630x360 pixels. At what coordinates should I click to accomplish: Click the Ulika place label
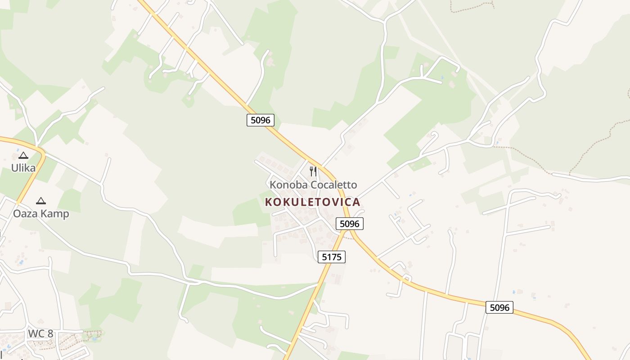(x=23, y=168)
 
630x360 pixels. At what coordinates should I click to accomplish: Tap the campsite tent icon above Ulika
(x=23, y=156)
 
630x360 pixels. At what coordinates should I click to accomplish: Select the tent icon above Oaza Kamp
(x=41, y=201)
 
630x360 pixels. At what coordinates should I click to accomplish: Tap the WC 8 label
(x=40, y=333)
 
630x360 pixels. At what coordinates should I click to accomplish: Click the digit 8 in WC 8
(x=50, y=333)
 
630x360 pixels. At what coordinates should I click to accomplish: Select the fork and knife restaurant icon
(x=313, y=171)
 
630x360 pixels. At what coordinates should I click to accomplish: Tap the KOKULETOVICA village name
(x=313, y=202)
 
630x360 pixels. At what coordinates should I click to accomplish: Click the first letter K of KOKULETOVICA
(x=269, y=202)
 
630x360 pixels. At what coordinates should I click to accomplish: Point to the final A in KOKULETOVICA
(x=357, y=202)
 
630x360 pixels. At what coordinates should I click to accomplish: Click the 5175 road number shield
(x=332, y=257)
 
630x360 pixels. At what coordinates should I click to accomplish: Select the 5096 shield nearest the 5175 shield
(x=350, y=224)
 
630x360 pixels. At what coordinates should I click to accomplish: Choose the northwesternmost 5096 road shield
(x=261, y=120)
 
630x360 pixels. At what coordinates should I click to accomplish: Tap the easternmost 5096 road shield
(x=499, y=308)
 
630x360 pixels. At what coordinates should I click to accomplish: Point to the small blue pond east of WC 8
(x=94, y=338)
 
